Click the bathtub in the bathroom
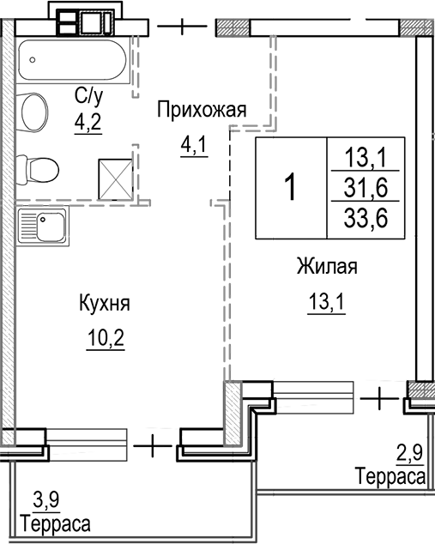(73, 60)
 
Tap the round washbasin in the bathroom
(34, 112)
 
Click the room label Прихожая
(201, 109)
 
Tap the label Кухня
(104, 304)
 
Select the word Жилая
(326, 266)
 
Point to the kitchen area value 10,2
(106, 337)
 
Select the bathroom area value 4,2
(87, 121)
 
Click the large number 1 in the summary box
(291, 186)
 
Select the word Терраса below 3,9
(57, 523)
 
